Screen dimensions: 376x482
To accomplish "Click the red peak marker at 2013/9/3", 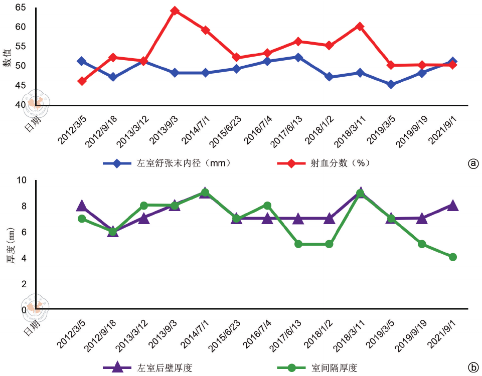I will tap(175, 11).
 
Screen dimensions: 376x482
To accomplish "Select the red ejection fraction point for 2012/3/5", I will tap(82, 81).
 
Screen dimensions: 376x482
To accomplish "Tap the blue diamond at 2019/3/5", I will tap(391, 84).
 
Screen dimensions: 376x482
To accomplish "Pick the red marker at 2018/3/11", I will tap(360, 26).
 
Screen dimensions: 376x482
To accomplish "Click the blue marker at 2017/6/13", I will tap(298, 57).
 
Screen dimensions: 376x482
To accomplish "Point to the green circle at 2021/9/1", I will tap(453, 257).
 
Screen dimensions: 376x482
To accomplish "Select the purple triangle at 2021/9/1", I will tap(453, 205).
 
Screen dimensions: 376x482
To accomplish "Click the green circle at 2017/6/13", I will tap(298, 244).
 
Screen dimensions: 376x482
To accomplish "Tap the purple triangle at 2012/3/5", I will tap(82, 206).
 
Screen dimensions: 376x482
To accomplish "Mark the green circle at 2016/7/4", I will tap(267, 205).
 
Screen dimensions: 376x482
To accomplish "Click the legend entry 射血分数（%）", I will tap(341, 163).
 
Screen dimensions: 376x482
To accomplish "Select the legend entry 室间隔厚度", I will tap(334, 367).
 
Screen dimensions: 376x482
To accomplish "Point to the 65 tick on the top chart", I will tap(21, 8).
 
